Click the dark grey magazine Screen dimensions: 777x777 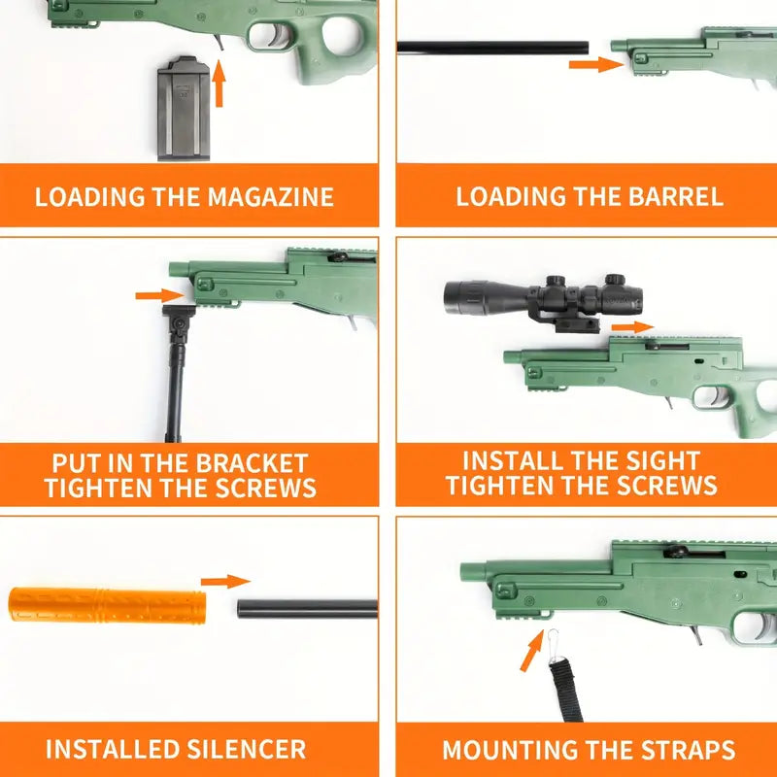point(184,109)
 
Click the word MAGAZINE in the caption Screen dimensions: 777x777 point(271,197)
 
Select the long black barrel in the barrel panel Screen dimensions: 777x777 point(492,48)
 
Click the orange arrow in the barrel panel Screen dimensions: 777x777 point(596,64)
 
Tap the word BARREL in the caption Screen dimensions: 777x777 point(676,196)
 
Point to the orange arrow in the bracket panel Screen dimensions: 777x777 point(159,295)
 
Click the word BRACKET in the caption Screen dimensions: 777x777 point(252,464)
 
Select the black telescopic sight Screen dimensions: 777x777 point(544,300)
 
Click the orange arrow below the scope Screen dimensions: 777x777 point(633,327)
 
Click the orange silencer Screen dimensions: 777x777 point(107,605)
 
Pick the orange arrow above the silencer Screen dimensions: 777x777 point(225,582)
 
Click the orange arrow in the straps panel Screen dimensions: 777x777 point(532,650)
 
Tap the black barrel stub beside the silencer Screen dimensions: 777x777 point(307,609)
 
